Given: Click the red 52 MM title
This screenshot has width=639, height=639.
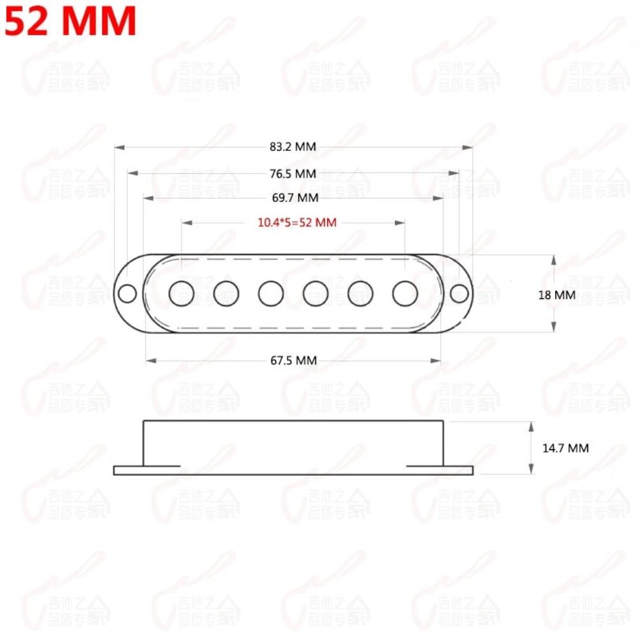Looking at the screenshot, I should point(71,21).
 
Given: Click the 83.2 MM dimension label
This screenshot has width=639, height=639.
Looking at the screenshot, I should point(293,147).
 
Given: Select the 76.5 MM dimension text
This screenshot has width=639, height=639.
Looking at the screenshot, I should point(293,173).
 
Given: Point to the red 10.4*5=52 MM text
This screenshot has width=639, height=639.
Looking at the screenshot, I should point(296,223).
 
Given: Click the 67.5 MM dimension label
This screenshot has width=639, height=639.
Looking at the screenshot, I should point(293,360).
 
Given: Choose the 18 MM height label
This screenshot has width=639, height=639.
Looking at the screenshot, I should point(557,295).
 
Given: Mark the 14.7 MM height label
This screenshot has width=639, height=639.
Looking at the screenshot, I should point(566,448).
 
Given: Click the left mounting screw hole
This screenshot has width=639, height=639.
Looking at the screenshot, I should point(128,293).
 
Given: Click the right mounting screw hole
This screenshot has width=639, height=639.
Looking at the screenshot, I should point(459,293).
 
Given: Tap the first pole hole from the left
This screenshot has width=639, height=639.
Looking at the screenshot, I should point(181,293).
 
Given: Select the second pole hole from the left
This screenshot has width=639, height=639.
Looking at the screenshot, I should point(226,293).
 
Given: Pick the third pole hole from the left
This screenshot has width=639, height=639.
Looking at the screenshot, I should point(271,293).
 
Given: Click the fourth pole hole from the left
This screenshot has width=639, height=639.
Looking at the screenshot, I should point(316,293).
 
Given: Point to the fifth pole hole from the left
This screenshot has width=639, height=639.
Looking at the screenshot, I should point(360,293).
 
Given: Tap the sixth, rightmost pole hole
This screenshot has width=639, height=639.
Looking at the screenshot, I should point(405,293).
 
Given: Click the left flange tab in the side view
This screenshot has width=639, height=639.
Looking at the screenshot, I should point(128,470).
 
